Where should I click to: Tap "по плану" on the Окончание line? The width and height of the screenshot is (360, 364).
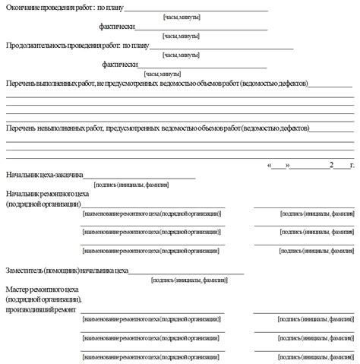tap(106, 7)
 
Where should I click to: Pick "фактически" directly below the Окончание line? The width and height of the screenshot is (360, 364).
tap(116, 26)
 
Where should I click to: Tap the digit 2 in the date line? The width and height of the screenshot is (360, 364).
tap(330, 165)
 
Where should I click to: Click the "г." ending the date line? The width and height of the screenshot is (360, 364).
tap(351, 165)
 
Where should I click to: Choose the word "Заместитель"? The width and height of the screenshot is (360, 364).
tap(27, 269)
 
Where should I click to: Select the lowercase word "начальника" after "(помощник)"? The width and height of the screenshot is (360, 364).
tap(107, 269)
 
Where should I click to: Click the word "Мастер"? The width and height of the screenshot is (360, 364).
tap(18, 290)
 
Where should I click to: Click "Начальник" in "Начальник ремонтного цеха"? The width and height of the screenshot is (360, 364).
tap(24, 195)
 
